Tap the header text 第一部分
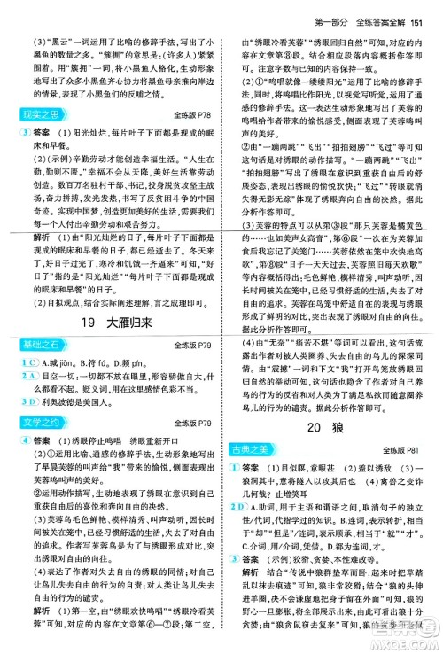[318, 12]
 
